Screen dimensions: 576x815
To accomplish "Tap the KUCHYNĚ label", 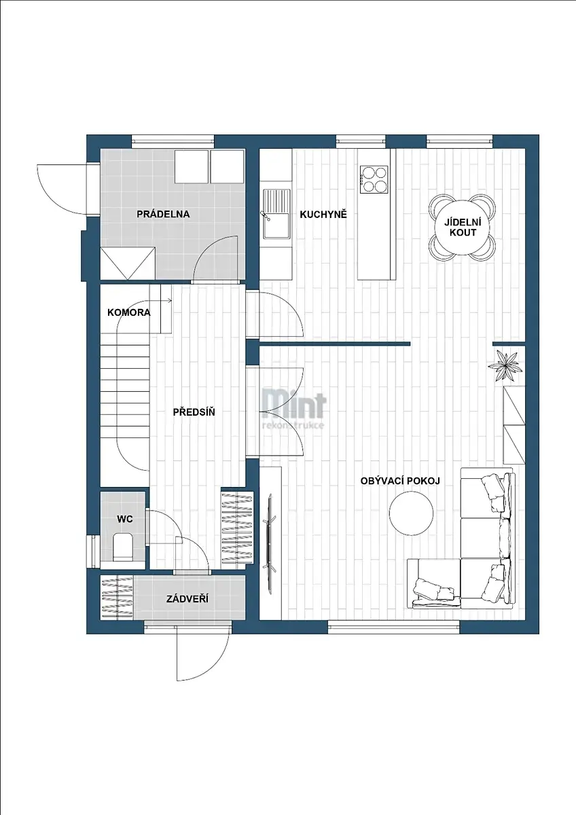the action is (323, 215).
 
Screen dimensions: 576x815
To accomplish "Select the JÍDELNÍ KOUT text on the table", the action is (463, 227).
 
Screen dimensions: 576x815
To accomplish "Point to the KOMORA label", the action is (129, 312).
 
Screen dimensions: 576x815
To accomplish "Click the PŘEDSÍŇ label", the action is (194, 412).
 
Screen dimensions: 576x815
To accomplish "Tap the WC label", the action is (125, 519).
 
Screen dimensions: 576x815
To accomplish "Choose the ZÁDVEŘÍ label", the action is (187, 598).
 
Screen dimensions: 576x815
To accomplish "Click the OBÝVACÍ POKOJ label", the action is (400, 481).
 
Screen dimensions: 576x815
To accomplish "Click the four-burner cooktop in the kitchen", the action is (374, 179).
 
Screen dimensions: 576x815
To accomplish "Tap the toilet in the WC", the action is (123, 547).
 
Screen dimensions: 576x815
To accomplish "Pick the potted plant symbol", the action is (505, 364).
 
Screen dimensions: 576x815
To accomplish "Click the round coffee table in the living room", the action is (411, 513).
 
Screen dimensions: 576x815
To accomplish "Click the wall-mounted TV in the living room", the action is (270, 543).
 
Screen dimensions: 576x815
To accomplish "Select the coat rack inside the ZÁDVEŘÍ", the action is (117, 598).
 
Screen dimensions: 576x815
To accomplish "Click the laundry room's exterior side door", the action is (68, 190).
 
